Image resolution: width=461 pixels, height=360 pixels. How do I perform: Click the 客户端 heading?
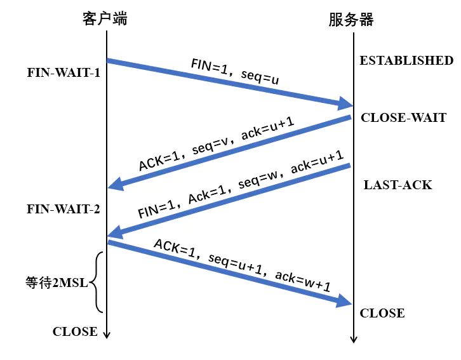(105, 19)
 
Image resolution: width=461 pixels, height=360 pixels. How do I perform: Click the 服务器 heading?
(351, 20)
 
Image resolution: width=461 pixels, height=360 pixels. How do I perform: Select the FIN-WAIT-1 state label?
(63, 72)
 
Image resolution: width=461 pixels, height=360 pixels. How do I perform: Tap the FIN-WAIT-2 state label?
(63, 210)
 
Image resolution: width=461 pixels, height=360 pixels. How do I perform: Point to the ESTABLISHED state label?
(406, 60)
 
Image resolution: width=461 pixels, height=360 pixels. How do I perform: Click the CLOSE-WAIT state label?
(404, 118)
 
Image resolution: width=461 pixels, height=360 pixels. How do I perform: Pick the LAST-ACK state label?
(398, 185)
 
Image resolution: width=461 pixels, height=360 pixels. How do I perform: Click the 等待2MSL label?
(57, 283)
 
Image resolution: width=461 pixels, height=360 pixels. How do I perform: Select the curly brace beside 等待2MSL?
(97, 283)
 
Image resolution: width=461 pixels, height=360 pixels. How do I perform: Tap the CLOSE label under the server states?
(382, 313)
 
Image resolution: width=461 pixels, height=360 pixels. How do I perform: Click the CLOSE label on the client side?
(75, 332)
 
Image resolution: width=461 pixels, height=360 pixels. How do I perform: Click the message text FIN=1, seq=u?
(235, 71)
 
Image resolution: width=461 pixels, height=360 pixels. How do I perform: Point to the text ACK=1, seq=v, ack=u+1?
(217, 144)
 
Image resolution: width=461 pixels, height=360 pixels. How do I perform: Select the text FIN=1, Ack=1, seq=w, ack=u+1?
(241, 185)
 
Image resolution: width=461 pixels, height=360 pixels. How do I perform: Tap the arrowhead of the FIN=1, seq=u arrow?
(346, 103)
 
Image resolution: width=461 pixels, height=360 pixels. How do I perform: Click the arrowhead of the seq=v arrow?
(116, 185)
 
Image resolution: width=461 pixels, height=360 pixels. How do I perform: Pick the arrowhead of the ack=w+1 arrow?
(345, 301)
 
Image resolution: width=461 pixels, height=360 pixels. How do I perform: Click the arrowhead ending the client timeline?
(107, 335)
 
